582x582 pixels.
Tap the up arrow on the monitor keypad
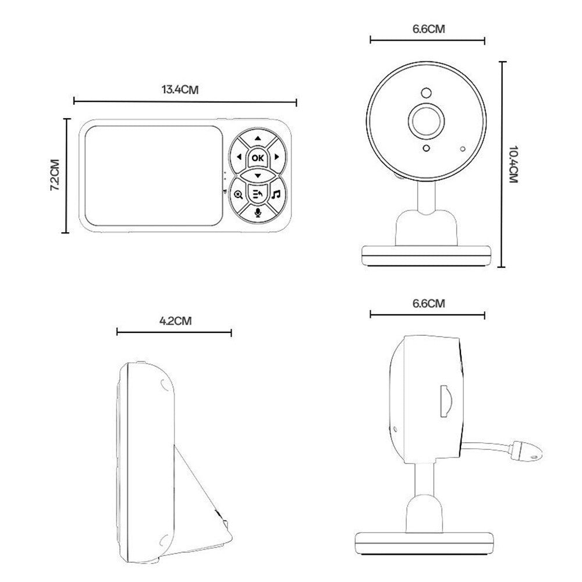click(x=257, y=140)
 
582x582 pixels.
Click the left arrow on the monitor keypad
click(x=239, y=157)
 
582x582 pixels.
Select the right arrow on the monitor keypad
click(x=277, y=157)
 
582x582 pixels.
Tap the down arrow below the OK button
click(x=257, y=175)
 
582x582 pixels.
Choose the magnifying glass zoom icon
click(x=239, y=194)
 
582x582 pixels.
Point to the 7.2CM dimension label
click(x=55, y=175)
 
